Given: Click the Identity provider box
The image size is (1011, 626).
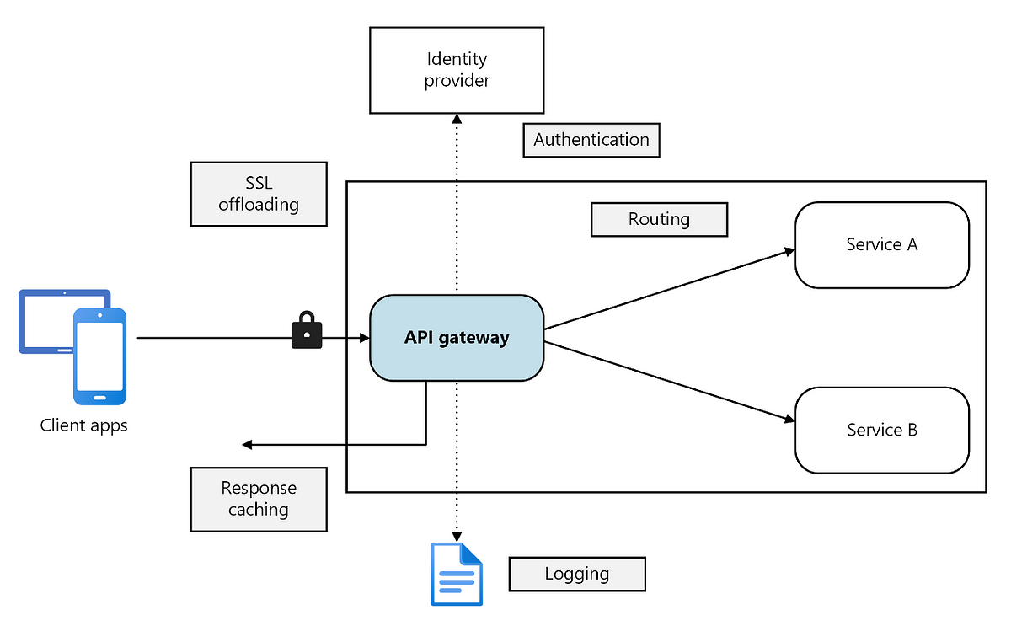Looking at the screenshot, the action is [457, 70].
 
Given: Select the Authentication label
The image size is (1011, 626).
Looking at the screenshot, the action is [591, 140].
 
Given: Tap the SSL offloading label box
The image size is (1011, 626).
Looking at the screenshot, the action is [259, 194].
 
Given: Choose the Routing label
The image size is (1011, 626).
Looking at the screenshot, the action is [659, 219].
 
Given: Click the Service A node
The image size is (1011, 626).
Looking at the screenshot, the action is [882, 244].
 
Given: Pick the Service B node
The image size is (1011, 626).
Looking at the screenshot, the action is [882, 431].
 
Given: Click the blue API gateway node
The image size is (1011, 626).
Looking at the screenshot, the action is [457, 338].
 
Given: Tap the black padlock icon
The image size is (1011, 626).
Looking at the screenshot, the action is [307, 330].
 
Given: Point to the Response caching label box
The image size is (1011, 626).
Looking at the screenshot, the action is [259, 499].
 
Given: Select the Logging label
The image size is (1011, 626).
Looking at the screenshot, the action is [577, 574].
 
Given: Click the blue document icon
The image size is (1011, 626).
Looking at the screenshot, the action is [457, 574].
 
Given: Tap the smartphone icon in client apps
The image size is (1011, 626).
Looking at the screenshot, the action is [99, 356].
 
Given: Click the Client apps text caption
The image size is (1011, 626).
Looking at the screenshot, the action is [83, 425].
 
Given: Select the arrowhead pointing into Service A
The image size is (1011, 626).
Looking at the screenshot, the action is [790, 251].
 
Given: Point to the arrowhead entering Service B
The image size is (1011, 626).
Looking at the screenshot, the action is [790, 420].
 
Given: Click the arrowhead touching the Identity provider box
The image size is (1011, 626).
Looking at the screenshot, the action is [457, 119].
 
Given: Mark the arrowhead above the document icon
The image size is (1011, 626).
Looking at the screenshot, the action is [457, 537].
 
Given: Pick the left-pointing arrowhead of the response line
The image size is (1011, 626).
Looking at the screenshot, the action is [247, 445].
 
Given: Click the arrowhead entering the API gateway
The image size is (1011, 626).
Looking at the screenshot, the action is [364, 338].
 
